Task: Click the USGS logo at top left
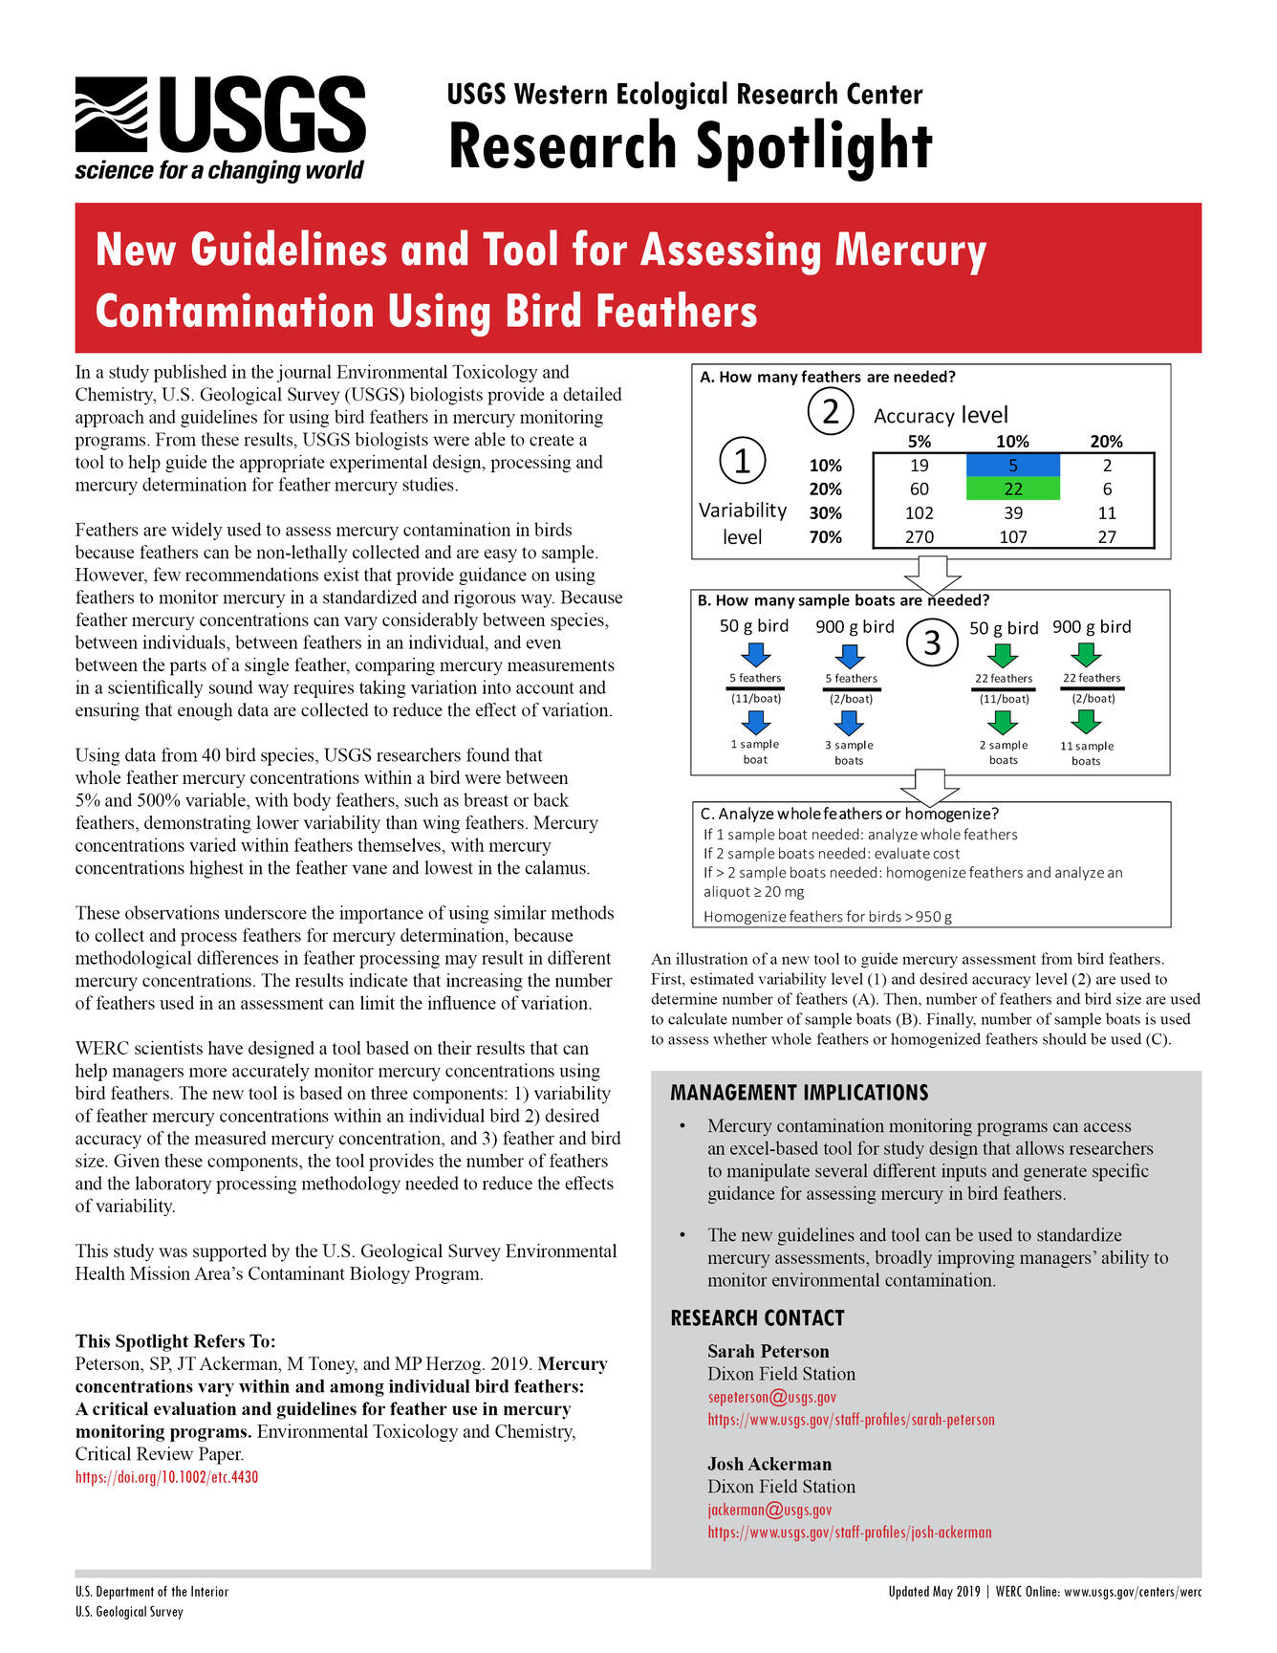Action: [220, 128]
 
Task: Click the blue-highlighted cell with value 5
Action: [1012, 466]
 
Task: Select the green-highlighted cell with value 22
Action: [1012, 489]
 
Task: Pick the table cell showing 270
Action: [919, 536]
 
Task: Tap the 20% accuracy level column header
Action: [1106, 442]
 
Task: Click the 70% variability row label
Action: [825, 536]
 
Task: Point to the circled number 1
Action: [742, 461]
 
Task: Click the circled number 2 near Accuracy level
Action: [831, 412]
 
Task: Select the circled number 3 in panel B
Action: [932, 642]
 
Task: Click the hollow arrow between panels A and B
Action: [932, 575]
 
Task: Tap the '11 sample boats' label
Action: [1086, 752]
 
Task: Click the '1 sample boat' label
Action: [755, 751]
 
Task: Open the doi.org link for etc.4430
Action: [166, 1477]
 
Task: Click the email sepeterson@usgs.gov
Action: [771, 1397]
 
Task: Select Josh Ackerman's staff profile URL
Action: [849, 1533]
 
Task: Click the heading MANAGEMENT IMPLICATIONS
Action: [799, 1093]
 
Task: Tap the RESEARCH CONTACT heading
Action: [757, 1318]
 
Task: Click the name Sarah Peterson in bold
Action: [768, 1351]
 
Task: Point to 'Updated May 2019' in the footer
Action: [934, 1592]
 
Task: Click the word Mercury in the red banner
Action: [910, 250]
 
